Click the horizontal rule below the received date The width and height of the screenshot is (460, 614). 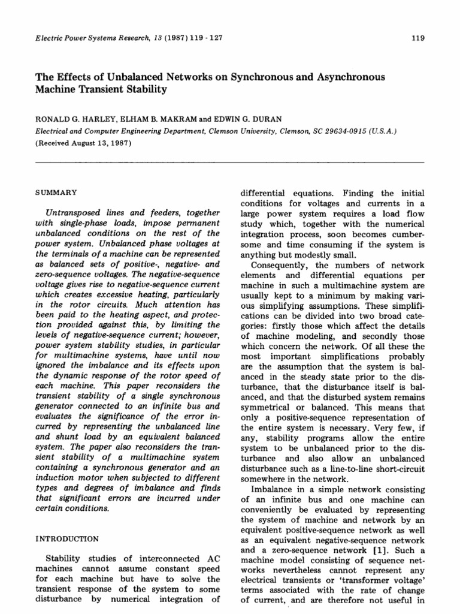[230, 162]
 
